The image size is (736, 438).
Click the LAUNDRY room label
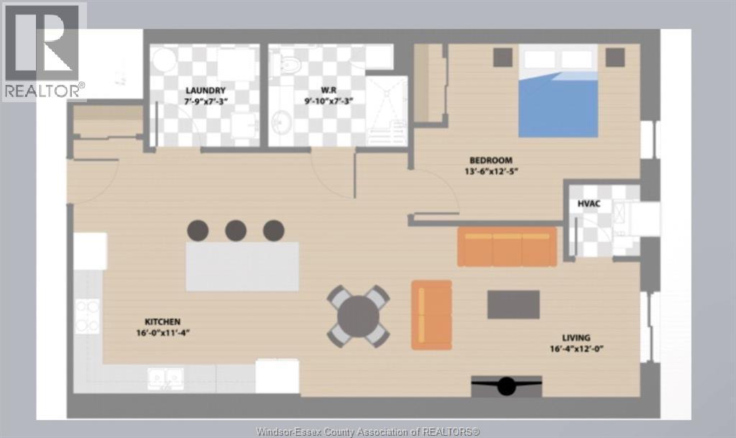pyautogui.click(x=205, y=91)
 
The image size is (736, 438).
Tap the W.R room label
pyautogui.click(x=328, y=90)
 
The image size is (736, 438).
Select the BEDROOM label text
pyautogui.click(x=490, y=160)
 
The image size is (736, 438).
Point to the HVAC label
pyautogui.click(x=589, y=204)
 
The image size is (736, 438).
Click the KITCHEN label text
pyautogui.click(x=162, y=321)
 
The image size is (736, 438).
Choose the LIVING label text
pyautogui.click(x=576, y=337)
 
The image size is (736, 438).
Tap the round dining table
pyautogui.click(x=358, y=316)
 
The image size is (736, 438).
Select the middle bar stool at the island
pyautogui.click(x=236, y=230)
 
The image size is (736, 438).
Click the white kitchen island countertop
pyautogui.click(x=243, y=266)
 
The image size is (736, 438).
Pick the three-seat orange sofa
pyautogui.click(x=507, y=247)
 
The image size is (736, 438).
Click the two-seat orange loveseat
pyautogui.click(x=431, y=315)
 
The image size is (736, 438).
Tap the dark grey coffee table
pyautogui.click(x=513, y=305)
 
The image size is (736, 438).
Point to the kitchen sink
pyautogui.click(x=166, y=379)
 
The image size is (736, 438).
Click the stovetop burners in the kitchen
pyautogui.click(x=87, y=316)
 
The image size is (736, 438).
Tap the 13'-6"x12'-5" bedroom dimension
pyautogui.click(x=491, y=171)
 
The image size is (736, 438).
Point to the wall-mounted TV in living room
pyautogui.click(x=507, y=386)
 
